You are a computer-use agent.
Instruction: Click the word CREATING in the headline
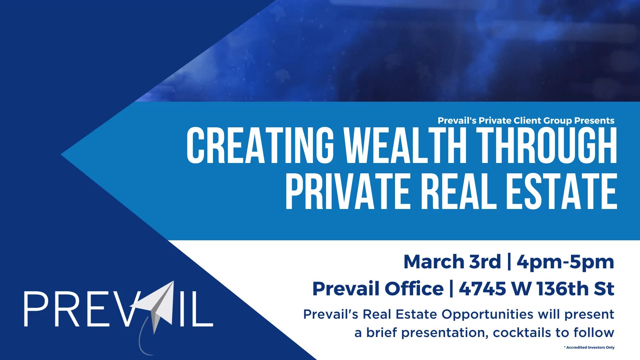(x=260, y=145)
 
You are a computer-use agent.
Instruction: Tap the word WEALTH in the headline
(x=405, y=145)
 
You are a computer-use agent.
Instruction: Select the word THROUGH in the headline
(x=547, y=145)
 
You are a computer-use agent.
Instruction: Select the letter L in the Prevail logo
(x=202, y=309)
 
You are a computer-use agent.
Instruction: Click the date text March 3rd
(x=452, y=262)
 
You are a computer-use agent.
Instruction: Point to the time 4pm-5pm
(x=565, y=262)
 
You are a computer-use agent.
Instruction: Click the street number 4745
(x=482, y=289)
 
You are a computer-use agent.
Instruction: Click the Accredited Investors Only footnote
(x=590, y=347)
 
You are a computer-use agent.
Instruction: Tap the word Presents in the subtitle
(x=594, y=121)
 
